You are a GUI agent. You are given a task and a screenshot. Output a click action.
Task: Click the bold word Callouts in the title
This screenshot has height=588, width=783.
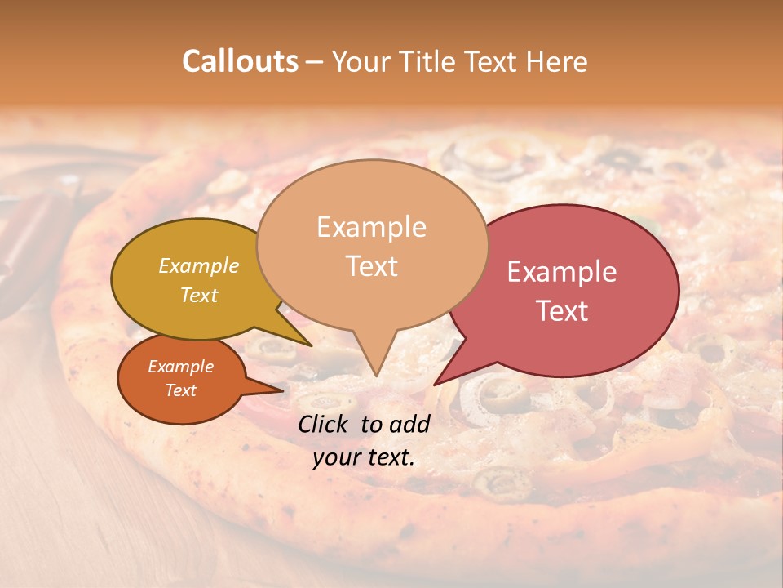(x=240, y=61)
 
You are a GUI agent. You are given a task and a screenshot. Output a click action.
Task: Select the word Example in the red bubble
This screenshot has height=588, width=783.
(x=562, y=272)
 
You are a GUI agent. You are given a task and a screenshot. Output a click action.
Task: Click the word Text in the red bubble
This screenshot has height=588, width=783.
(x=562, y=311)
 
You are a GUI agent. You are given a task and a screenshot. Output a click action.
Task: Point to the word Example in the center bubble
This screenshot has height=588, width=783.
(x=371, y=227)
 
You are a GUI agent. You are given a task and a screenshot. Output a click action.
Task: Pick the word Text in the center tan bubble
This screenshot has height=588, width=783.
(x=371, y=266)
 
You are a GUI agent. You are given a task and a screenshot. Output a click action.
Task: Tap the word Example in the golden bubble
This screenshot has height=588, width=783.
(x=198, y=265)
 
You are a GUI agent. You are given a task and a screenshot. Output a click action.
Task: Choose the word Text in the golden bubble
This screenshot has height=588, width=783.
(x=198, y=295)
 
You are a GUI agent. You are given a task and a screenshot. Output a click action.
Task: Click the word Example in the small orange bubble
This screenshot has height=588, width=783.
(x=180, y=367)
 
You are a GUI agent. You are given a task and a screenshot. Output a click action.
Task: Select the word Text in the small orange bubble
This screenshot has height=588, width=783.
(x=180, y=390)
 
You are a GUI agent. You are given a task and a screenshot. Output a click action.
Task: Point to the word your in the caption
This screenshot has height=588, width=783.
(x=334, y=457)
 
